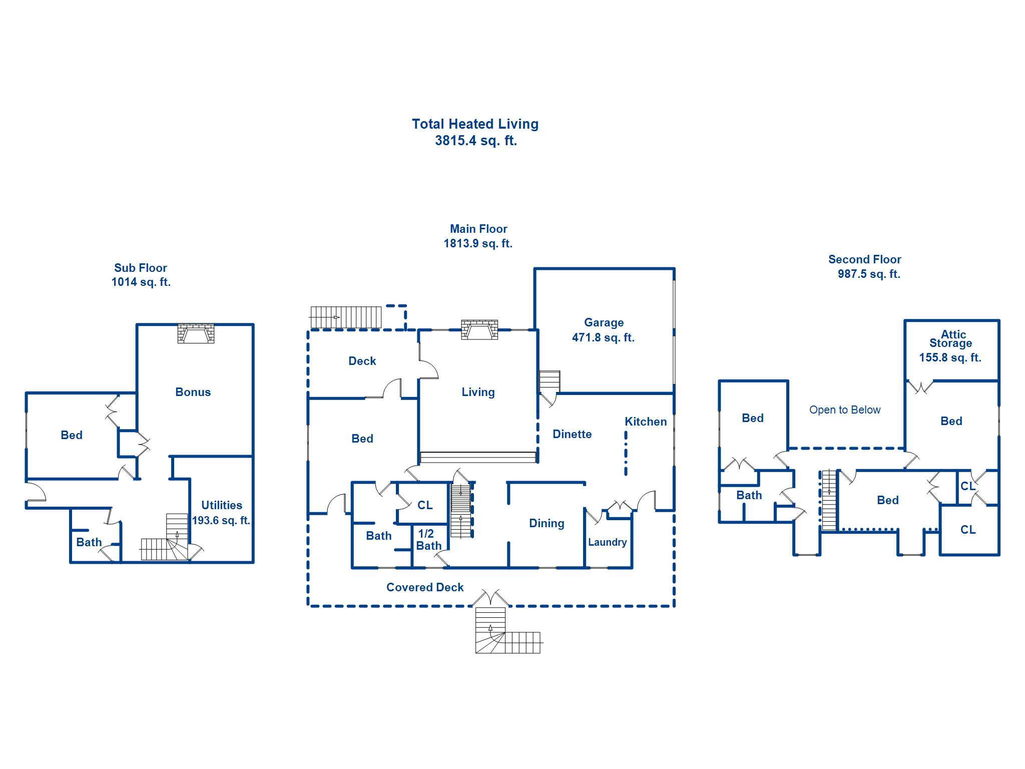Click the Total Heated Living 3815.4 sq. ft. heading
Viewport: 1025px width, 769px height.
475,132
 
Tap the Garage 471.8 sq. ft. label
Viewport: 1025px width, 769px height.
603,330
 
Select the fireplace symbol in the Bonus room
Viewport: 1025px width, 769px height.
196,333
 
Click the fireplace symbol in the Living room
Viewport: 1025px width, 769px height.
479,329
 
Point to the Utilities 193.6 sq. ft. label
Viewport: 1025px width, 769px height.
221,513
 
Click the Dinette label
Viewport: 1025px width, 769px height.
572,434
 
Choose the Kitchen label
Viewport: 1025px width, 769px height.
645,422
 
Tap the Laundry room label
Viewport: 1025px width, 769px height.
607,542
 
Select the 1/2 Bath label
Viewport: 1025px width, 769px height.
428,540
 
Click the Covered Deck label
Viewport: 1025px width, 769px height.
425,587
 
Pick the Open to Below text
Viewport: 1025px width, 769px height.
844,410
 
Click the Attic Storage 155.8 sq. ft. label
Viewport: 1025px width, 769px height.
950,345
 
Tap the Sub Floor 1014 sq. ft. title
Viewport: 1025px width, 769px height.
141,275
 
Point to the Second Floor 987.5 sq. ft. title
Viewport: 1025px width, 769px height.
865,266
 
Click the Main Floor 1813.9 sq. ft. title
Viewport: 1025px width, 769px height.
478,236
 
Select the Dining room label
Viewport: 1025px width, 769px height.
547,523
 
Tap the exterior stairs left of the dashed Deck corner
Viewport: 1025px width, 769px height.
345,317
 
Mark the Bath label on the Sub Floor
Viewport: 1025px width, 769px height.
89,542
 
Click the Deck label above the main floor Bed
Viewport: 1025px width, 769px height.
362,361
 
